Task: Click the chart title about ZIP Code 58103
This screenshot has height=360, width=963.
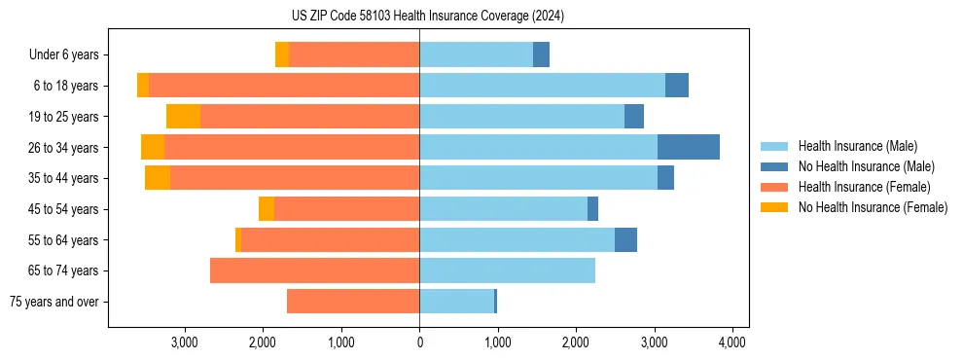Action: pyautogui.click(x=427, y=17)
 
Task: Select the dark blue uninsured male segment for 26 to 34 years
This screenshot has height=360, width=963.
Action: pyautogui.click(x=689, y=147)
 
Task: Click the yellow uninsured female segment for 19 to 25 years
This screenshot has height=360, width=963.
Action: pyautogui.click(x=183, y=117)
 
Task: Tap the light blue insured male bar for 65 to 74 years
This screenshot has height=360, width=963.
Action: pyautogui.click(x=507, y=270)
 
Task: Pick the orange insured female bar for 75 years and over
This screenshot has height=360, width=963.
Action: pyautogui.click(x=353, y=302)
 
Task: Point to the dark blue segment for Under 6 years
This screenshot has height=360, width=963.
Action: pyautogui.click(x=541, y=55)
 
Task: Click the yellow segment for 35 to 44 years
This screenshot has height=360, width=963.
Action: pyautogui.click(x=158, y=178)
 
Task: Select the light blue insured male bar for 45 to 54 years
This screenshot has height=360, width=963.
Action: pyautogui.click(x=503, y=209)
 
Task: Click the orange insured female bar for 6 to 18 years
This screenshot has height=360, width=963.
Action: pyautogui.click(x=284, y=86)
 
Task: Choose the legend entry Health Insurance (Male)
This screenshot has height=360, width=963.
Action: pyautogui.click(x=857, y=146)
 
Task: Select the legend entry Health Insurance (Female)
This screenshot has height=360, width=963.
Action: pyautogui.click(x=863, y=187)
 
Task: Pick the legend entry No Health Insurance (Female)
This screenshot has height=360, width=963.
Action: pyautogui.click(x=872, y=207)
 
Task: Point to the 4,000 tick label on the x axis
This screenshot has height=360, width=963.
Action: pyautogui.click(x=731, y=342)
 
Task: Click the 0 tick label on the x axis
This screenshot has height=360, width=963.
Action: pyautogui.click(x=419, y=342)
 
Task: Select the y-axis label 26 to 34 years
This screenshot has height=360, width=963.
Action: pyautogui.click(x=64, y=148)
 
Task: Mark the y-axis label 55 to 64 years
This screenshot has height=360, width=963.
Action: pyautogui.click(x=64, y=240)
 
